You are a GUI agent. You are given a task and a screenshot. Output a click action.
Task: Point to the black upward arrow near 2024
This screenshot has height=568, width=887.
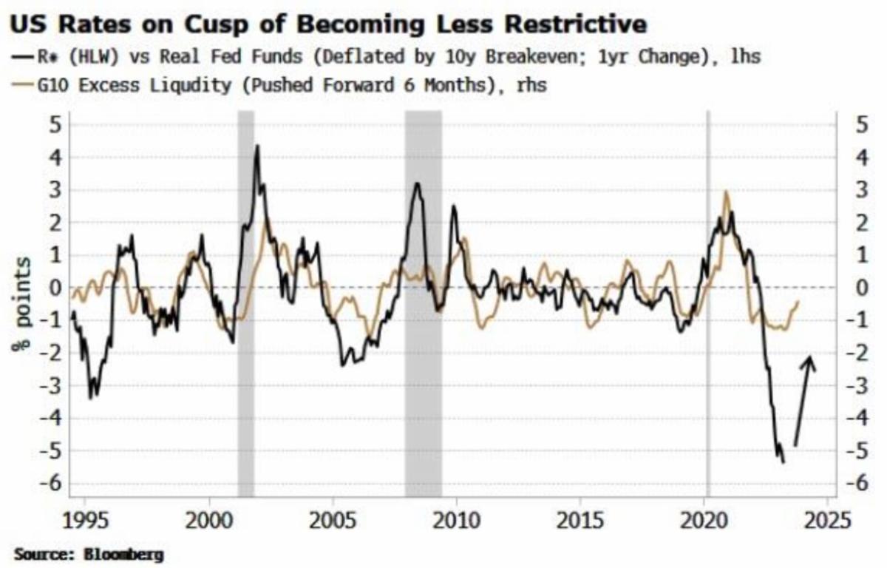pos(804,399)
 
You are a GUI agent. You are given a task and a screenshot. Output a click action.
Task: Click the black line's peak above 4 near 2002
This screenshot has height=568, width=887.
pos(256,146)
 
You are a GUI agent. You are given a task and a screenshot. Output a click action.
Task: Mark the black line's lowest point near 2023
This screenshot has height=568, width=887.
pos(783,462)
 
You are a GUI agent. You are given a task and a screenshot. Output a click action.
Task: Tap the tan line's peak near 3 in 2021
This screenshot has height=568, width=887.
pos(726,192)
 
